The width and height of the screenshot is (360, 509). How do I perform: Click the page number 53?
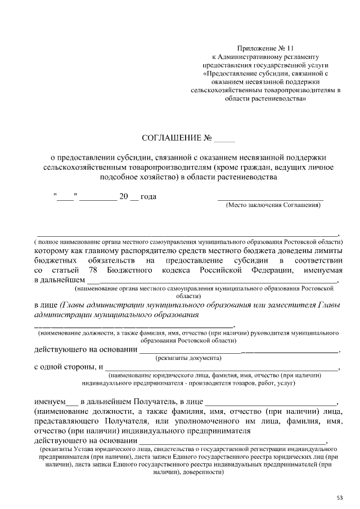[340, 497]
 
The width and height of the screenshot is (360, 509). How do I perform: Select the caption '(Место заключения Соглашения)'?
[273, 205]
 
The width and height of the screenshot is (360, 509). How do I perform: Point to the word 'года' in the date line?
[147, 196]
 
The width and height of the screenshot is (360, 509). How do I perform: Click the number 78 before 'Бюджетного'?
[93, 270]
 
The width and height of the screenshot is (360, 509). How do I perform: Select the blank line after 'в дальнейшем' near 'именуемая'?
[214, 280]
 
